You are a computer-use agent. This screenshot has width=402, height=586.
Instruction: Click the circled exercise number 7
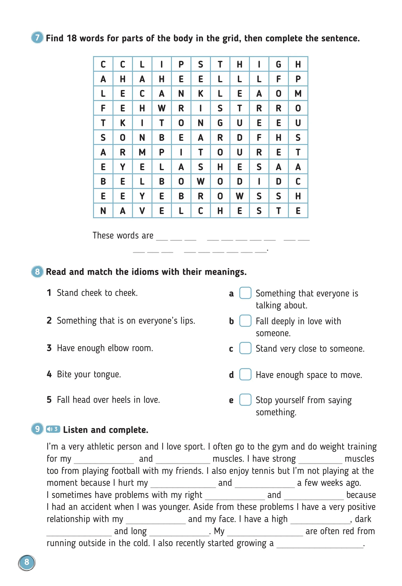[37, 38]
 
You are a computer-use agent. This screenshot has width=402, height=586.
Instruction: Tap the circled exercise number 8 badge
[37, 272]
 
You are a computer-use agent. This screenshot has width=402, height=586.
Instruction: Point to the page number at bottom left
[27, 562]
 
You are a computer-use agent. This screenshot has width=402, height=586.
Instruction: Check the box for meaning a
[245, 293]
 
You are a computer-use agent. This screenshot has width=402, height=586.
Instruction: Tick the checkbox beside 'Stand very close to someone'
[245, 348]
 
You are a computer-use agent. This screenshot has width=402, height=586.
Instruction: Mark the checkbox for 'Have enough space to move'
[245, 374]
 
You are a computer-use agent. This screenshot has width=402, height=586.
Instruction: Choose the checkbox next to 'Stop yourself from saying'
[245, 400]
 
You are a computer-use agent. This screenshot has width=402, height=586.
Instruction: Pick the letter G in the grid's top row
[278, 64]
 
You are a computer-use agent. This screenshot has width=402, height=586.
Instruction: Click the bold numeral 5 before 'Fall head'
[49, 400]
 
